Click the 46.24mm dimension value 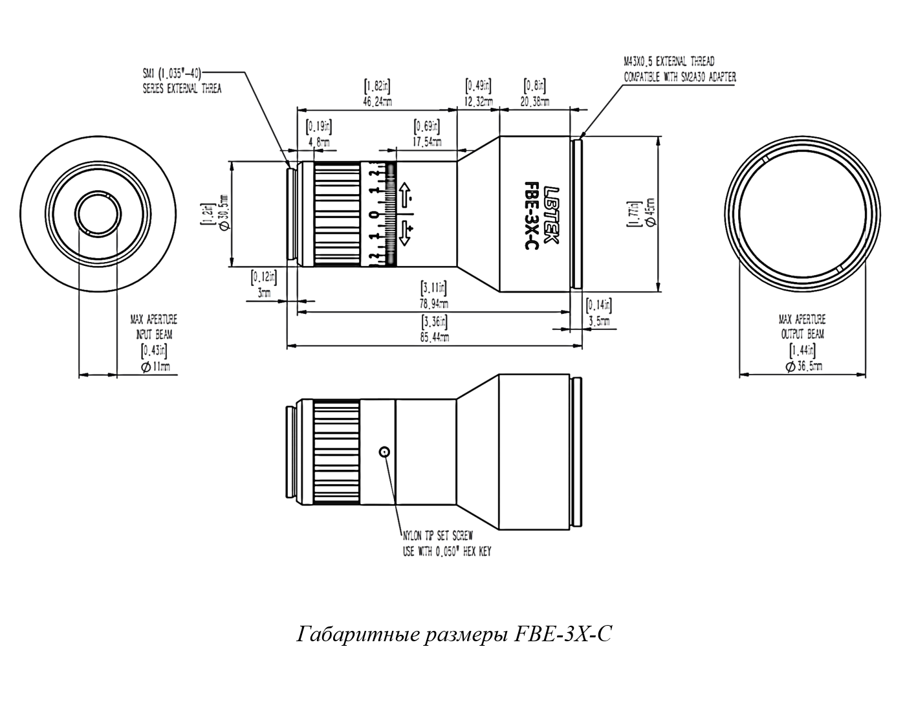[377, 102]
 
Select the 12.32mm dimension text [479, 102]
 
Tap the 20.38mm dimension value [534, 102]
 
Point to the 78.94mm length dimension [435, 303]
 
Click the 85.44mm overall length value [435, 337]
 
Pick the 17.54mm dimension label [427, 142]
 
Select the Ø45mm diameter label [649, 213]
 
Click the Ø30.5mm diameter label [223, 213]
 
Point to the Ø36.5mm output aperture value [803, 366]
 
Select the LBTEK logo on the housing [550, 214]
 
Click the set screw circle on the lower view [385, 452]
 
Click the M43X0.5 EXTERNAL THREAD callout [669, 63]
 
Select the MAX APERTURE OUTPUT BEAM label [802, 327]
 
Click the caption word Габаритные [345, 633]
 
